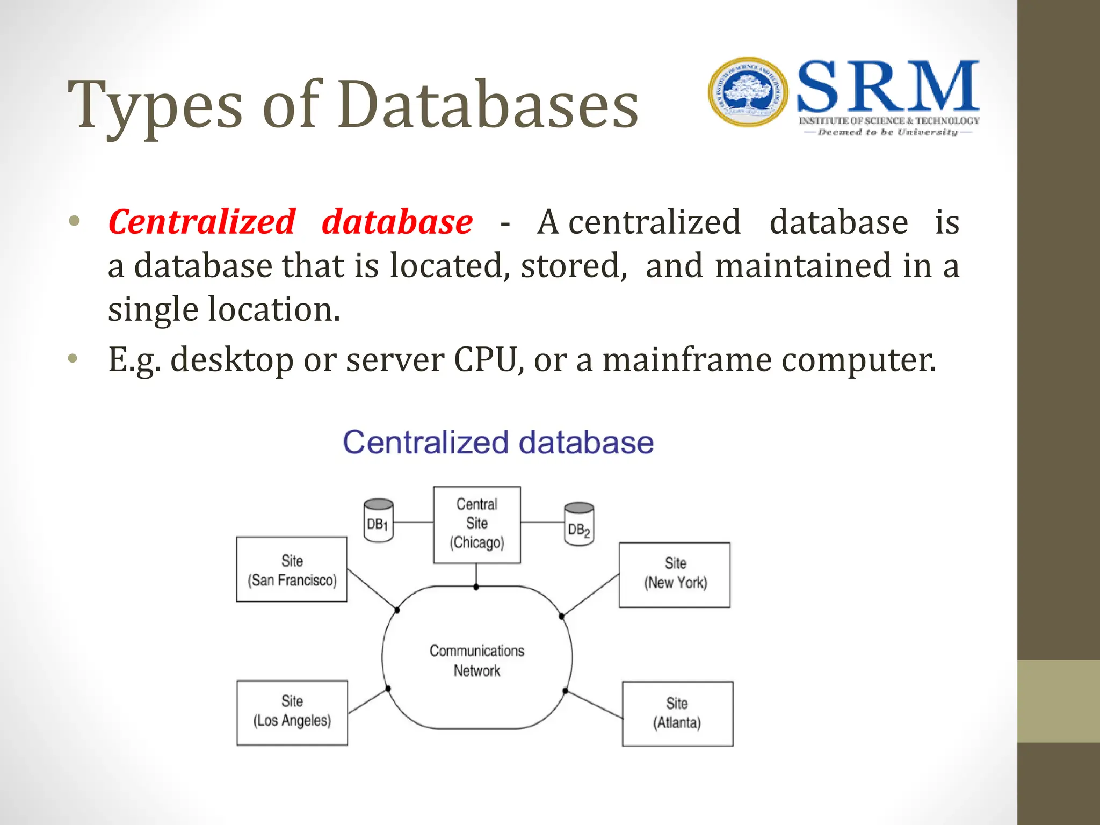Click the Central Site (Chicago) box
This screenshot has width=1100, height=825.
click(x=476, y=524)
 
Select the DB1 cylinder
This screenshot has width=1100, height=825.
click(x=378, y=521)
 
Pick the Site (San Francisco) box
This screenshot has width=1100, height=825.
click(x=292, y=569)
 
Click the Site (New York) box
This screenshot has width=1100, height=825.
click(x=675, y=575)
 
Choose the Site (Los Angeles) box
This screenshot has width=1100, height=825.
click(x=292, y=713)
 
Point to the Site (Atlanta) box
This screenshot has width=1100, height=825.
click(x=677, y=714)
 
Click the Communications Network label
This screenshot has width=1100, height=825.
click(x=476, y=661)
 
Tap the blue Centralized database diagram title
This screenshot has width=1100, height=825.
click(x=498, y=443)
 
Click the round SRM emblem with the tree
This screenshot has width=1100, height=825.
click(x=748, y=92)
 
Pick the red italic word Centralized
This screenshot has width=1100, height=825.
click(x=202, y=222)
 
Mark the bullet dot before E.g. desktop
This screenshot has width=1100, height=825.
click(x=74, y=358)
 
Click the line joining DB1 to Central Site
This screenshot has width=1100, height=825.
click(x=413, y=522)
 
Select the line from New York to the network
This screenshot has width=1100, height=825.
click(x=591, y=595)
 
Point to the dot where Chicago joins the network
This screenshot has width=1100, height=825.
click(x=476, y=587)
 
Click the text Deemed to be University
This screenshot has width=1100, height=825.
click(x=887, y=132)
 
